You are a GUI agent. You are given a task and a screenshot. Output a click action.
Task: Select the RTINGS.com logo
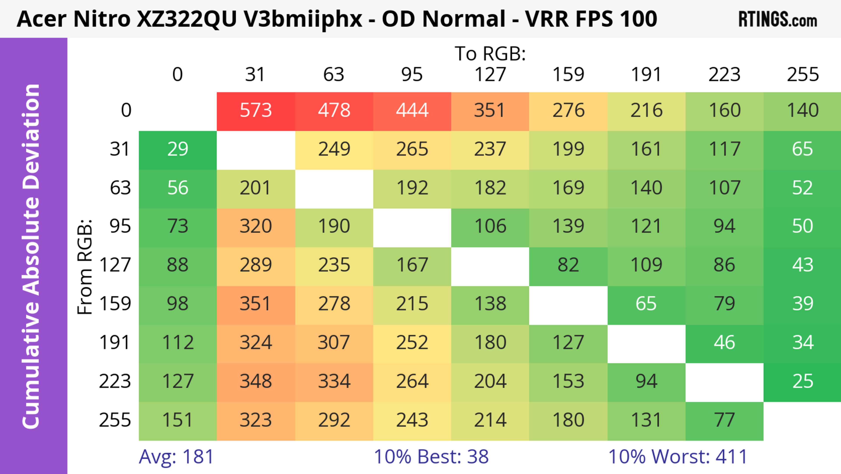tap(778, 19)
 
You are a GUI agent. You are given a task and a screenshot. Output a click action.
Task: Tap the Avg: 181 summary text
tap(176, 457)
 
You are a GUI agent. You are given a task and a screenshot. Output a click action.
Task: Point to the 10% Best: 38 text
tap(431, 457)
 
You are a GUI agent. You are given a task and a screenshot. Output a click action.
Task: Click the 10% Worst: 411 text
tap(678, 457)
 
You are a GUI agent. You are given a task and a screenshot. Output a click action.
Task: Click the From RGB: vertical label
tap(85, 267)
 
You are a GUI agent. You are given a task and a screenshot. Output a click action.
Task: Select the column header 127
tap(490, 75)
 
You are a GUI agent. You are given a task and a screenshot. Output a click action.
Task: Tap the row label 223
tap(115, 381)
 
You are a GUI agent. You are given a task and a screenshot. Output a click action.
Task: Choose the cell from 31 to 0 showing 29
tap(178, 149)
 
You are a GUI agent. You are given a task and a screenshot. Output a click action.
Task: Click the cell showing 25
tap(802, 381)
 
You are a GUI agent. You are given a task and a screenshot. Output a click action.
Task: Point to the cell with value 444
tap(412, 111)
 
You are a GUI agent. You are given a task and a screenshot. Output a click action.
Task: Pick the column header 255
tap(802, 75)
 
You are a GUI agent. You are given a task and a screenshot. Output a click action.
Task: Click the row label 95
tap(120, 226)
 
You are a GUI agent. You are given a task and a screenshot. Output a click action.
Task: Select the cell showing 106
tap(490, 226)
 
